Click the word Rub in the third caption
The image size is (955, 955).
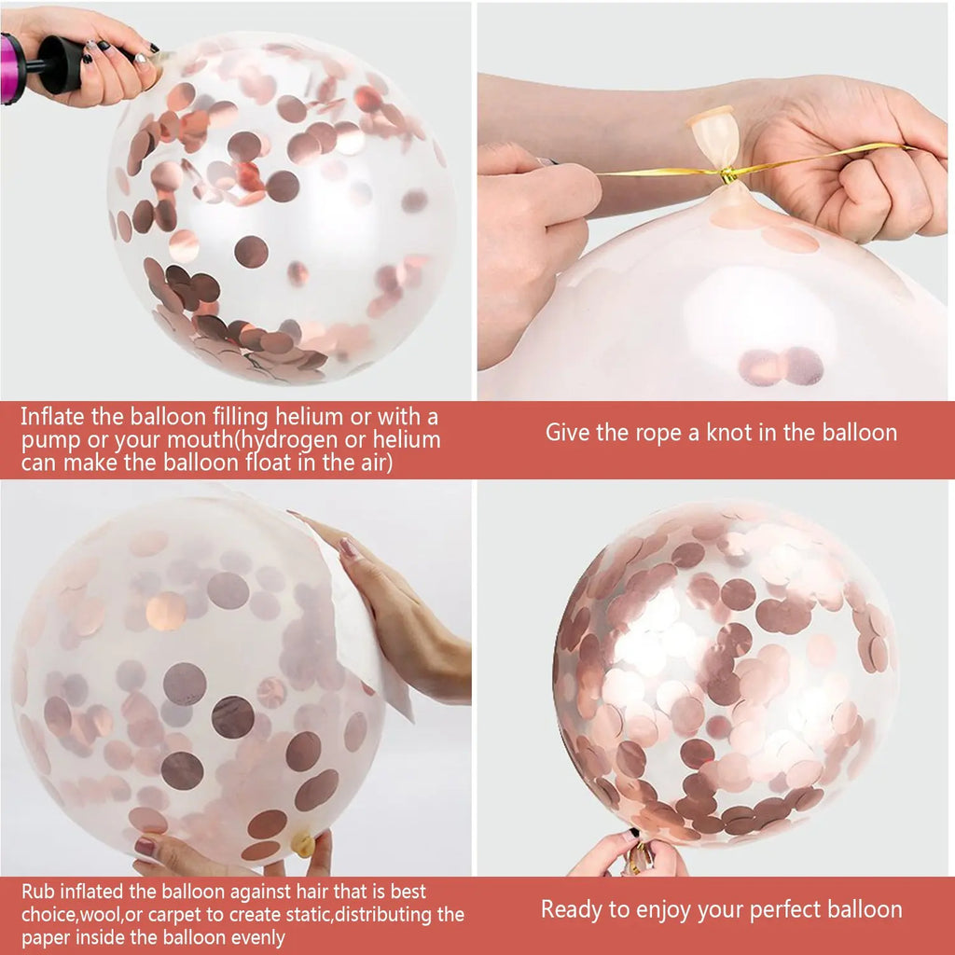37,893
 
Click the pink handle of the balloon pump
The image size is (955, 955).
12,69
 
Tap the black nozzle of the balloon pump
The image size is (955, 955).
58,65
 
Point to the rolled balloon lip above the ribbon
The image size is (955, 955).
714,117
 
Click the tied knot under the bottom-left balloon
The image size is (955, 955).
302,844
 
